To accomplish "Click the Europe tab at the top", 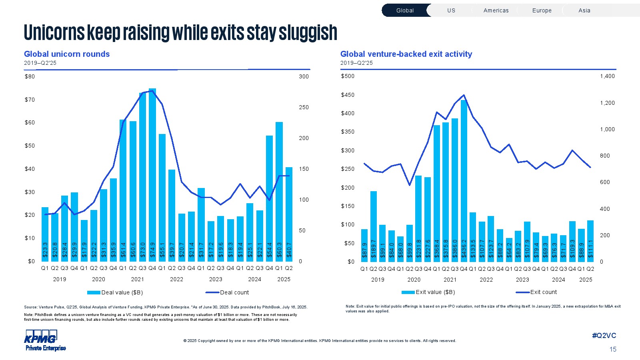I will [542, 10].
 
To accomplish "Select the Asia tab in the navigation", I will [584, 10].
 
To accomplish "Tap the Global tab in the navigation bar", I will [405, 10].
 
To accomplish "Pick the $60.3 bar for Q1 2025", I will [279, 192].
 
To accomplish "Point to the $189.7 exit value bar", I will [374, 226].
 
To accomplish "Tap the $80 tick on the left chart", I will [30, 76].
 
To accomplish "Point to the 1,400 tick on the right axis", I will [607, 76].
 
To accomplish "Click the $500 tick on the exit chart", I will [347, 76].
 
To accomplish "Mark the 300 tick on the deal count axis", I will [304, 76].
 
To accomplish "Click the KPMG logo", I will [41, 340].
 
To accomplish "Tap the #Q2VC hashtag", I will [604, 336].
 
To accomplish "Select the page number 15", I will [613, 349].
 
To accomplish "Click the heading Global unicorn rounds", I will [67, 54].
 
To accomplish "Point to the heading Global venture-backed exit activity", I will [406, 54].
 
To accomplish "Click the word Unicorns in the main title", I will [54, 32].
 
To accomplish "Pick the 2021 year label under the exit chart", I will [450, 280].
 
